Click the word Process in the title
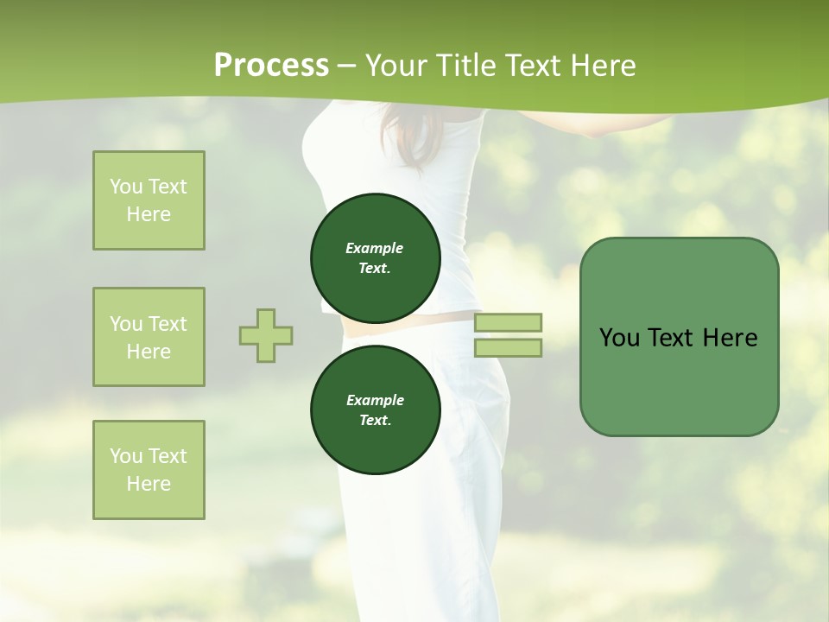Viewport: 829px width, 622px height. (271, 66)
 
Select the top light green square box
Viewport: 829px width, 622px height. (149, 200)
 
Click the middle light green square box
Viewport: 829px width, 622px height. (149, 337)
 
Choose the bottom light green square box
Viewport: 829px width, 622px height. (149, 470)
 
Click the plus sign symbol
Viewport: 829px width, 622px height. (266, 335)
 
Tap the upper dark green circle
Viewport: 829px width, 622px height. (376, 258)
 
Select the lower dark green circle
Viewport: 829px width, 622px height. (376, 410)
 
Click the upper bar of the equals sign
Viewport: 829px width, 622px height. (509, 322)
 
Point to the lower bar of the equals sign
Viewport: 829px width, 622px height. (509, 347)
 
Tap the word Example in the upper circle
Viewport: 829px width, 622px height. (375, 249)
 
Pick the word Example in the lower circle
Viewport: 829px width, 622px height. (375, 401)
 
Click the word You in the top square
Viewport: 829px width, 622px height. (126, 187)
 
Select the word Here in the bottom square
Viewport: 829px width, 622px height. (149, 484)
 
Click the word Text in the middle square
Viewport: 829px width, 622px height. (167, 324)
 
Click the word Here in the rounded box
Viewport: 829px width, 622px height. (730, 338)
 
